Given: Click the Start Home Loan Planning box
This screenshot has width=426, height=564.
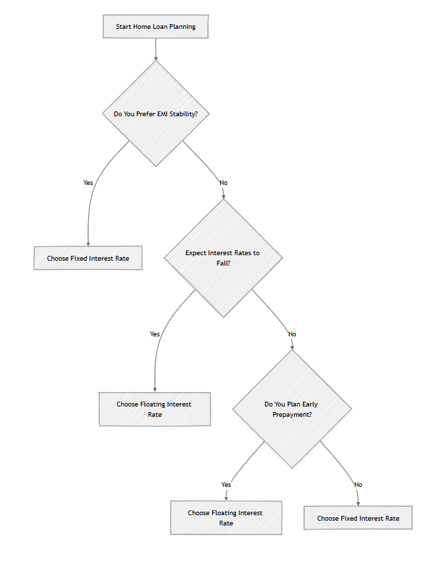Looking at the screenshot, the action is (156, 26).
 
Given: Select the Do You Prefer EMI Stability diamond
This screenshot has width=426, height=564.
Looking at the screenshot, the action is (156, 113).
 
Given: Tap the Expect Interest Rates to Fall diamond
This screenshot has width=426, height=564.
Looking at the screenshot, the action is (223, 258).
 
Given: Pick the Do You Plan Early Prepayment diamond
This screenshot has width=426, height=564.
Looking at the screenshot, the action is (292, 409).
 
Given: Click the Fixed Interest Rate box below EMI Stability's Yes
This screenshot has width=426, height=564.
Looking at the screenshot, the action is (88, 258).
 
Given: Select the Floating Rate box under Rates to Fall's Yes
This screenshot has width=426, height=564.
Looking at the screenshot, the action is (155, 409).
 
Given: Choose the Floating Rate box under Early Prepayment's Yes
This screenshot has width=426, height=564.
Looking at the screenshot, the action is (226, 518).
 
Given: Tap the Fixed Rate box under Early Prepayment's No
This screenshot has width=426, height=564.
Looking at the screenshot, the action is (358, 518).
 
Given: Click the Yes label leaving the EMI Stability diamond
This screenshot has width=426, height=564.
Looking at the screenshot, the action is (88, 183).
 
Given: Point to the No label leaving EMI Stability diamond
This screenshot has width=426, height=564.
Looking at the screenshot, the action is (224, 183).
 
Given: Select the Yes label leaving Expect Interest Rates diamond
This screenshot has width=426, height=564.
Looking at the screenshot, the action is (155, 334).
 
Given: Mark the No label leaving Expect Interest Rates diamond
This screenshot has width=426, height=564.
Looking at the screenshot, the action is (292, 334).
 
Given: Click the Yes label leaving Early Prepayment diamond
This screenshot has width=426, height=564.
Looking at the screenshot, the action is (226, 484).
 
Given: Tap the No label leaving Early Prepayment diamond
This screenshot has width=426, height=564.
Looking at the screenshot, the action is (358, 484).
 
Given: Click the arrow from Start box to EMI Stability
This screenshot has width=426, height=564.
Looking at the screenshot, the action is (156, 50).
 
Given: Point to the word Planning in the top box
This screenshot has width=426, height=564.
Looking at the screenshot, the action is (182, 27).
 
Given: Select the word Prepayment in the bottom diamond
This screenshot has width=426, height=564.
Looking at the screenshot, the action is (292, 414).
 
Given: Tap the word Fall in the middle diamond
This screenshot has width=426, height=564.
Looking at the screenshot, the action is (223, 263).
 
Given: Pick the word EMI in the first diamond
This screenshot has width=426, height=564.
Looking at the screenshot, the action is (162, 113).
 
